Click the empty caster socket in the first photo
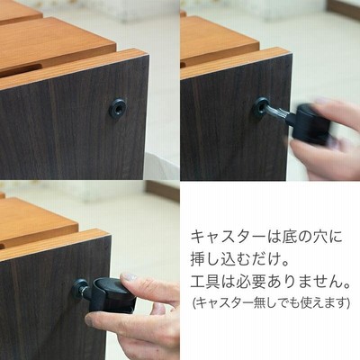(118, 108)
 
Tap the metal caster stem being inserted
(277, 113)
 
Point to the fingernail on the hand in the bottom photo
(130, 276)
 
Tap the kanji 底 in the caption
(292, 238)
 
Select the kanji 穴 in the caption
(321, 238)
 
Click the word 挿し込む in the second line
(221, 259)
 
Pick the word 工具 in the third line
(206, 283)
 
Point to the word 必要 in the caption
(251, 283)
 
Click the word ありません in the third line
(304, 283)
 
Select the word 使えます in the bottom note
(323, 303)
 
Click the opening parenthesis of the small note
(194, 303)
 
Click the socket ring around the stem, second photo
(260, 107)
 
